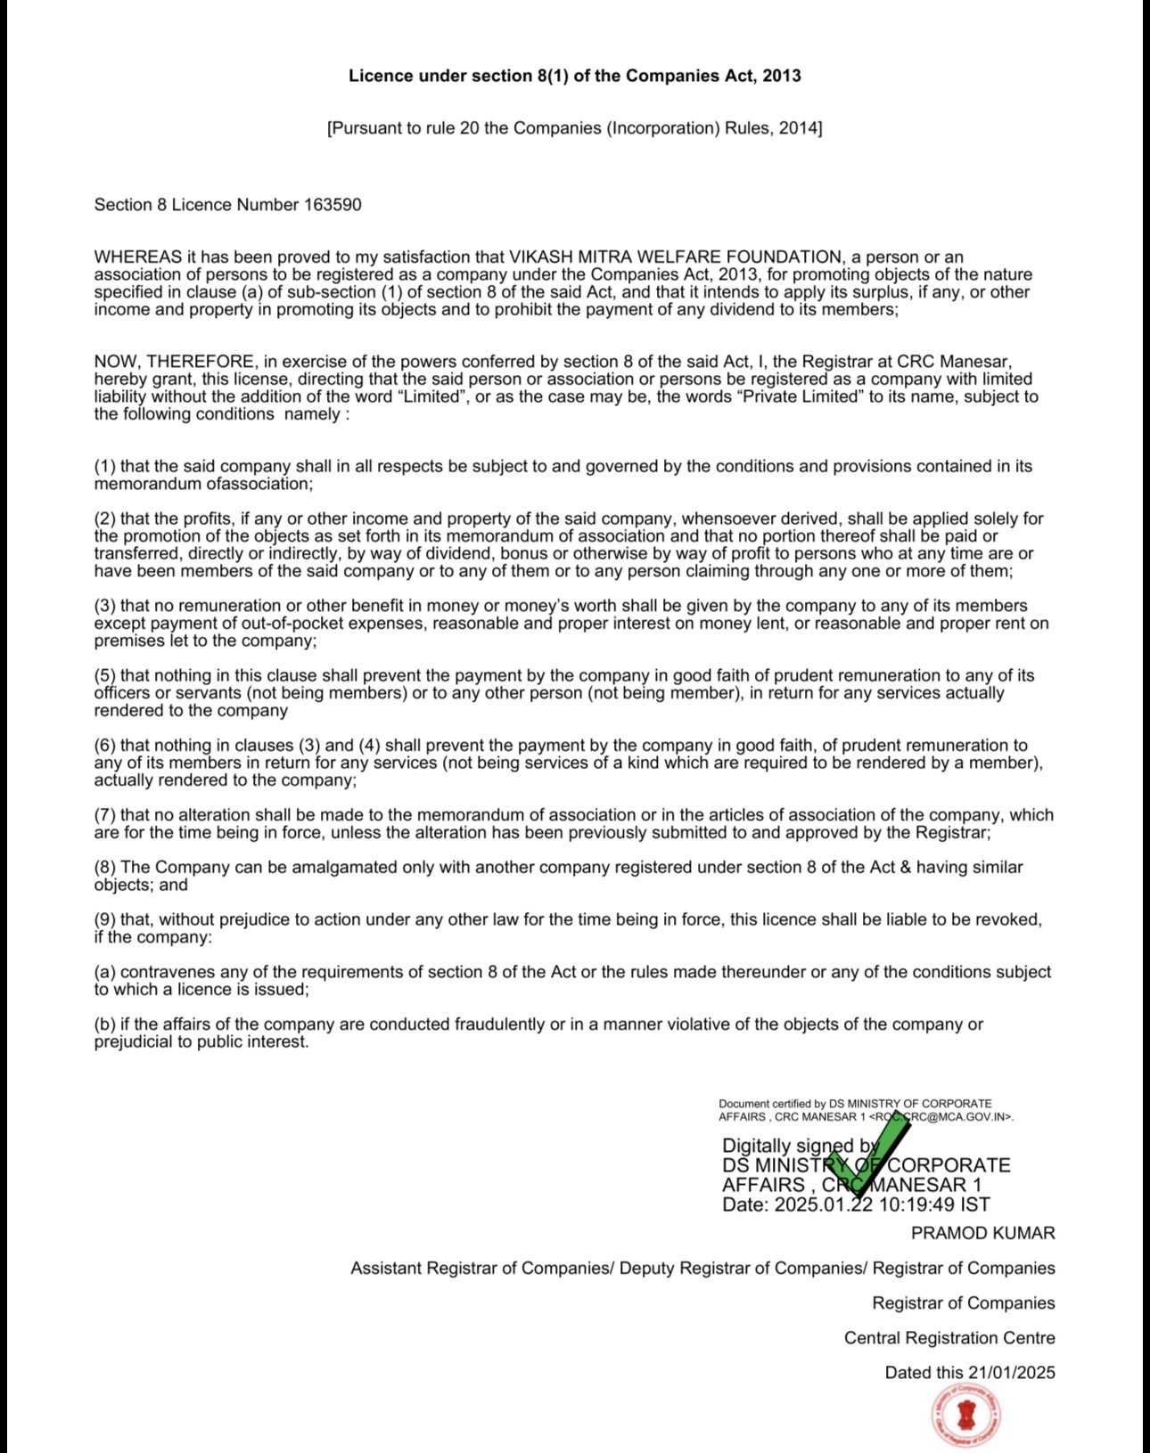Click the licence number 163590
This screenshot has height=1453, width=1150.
[x=333, y=205]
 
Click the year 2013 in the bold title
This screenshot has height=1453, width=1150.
[x=782, y=76]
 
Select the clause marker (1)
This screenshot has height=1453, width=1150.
[x=105, y=466]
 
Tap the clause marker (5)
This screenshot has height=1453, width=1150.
[x=105, y=676]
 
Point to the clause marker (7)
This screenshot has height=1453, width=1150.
[x=105, y=815]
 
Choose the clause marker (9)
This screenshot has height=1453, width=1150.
[x=105, y=919]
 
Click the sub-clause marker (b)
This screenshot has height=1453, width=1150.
[x=105, y=1024]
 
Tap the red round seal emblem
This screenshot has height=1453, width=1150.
[x=965, y=1416]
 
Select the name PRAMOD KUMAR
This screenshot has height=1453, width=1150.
[x=982, y=1234]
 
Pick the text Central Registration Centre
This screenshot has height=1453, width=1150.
[x=949, y=1338]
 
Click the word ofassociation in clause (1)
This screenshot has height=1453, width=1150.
[x=259, y=485]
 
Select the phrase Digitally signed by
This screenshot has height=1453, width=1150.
[x=800, y=1147]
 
